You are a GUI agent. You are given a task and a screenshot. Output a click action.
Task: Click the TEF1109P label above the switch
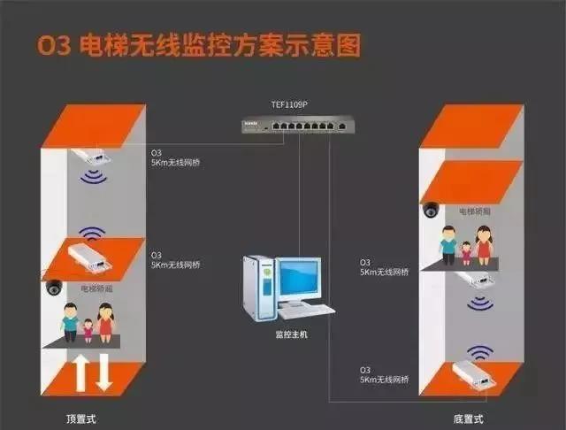coord(288,104)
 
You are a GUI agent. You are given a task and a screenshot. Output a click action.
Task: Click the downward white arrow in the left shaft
coord(103,371)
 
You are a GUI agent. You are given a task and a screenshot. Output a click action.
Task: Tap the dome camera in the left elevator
coord(53,288)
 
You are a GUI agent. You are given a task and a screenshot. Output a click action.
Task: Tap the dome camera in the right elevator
coord(430,210)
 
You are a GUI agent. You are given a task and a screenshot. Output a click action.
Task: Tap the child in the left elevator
coord(88,330)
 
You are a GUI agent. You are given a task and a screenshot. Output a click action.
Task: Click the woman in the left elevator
coord(106,323)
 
